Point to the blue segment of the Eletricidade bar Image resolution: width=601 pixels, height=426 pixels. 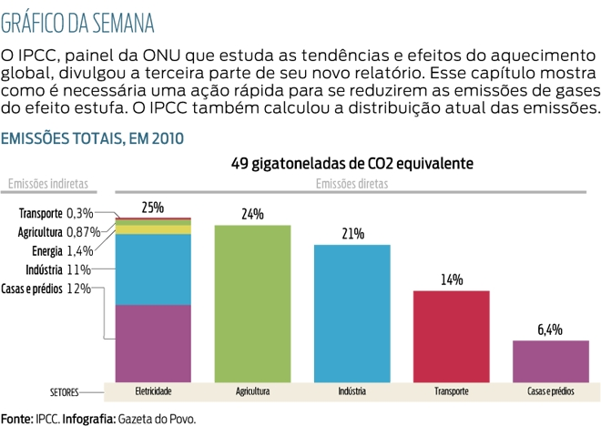point(152,269)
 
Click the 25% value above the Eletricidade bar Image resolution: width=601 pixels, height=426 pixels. point(152,208)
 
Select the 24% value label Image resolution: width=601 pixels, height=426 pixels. point(252,215)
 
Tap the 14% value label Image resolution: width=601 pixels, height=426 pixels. point(452,280)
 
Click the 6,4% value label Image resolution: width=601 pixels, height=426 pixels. point(551,330)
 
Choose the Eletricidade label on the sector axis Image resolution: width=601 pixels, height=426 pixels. point(152,392)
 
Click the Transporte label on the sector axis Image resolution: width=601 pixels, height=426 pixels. point(452,392)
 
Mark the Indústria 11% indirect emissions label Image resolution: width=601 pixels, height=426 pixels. point(65,269)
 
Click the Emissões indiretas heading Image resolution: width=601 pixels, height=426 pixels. point(47,184)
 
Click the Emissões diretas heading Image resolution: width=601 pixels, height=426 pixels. point(351,184)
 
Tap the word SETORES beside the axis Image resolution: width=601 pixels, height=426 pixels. point(63,393)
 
